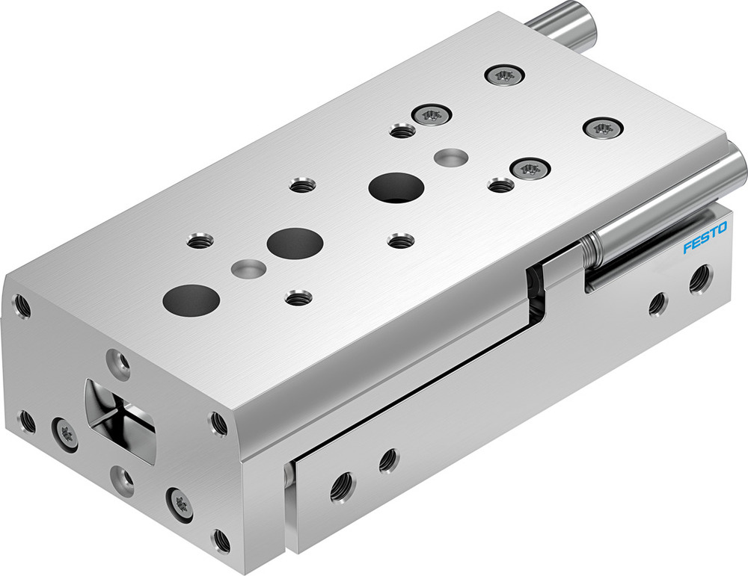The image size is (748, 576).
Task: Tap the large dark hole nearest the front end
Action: (191, 300)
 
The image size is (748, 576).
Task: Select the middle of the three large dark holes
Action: (295, 244)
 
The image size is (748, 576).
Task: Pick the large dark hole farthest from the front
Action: (396, 187)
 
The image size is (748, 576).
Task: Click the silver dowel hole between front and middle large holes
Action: (248, 267)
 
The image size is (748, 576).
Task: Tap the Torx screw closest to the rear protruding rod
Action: (503, 75)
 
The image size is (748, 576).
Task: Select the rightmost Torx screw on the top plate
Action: (602, 128)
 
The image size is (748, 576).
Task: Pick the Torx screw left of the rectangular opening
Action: (65, 433)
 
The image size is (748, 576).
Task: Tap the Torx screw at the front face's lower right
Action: (180, 504)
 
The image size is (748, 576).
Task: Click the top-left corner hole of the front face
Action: (22, 305)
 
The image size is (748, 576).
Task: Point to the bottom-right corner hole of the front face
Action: (221, 539)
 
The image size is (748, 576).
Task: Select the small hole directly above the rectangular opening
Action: (118, 362)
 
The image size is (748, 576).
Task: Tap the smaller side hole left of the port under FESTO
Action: (657, 303)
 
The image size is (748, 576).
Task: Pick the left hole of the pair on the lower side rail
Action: (343, 486)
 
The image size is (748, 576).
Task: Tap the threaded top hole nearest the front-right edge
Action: (298, 297)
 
